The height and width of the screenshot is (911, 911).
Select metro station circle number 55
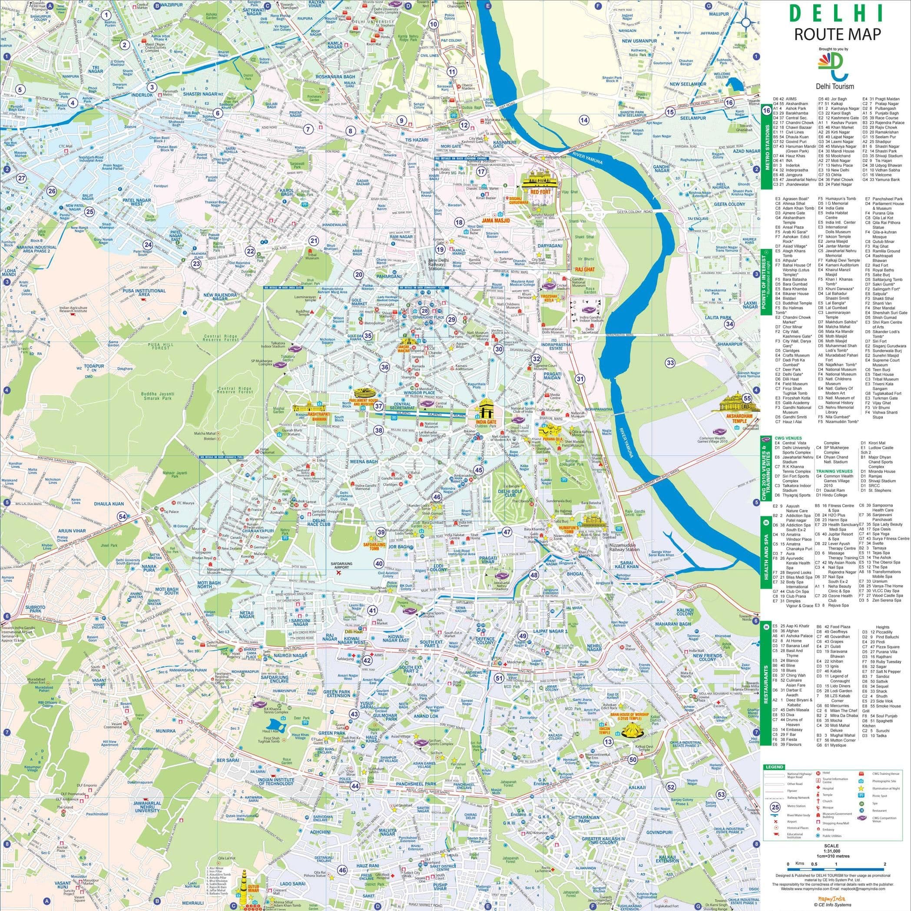[x=747, y=398]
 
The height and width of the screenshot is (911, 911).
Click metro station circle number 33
[x=670, y=362]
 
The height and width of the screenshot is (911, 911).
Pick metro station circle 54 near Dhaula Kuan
[x=123, y=517]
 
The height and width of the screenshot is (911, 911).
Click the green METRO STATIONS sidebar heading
[x=767, y=150]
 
